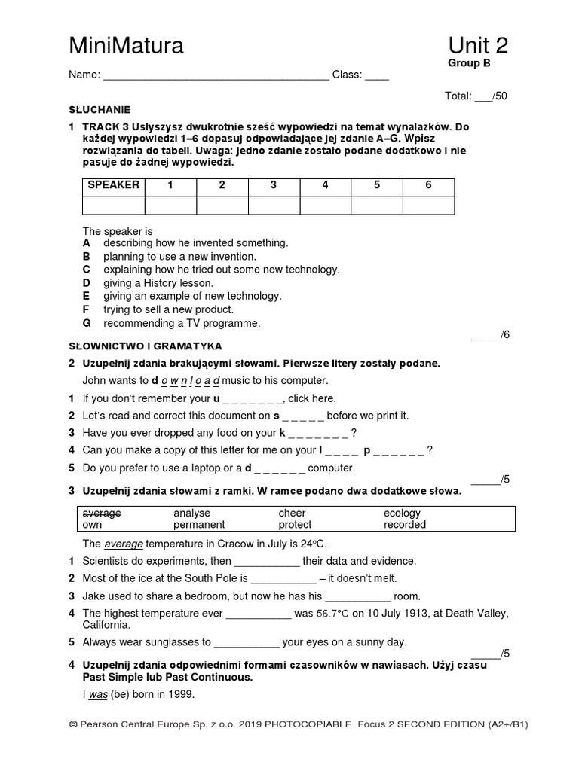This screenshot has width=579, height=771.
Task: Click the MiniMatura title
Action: click(x=126, y=47)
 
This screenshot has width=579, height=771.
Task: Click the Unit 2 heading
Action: click(x=477, y=46)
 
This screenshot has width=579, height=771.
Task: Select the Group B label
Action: click(x=469, y=63)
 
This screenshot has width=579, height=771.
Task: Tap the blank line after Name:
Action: click(x=215, y=75)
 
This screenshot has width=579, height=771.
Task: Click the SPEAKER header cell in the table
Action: click(x=113, y=185)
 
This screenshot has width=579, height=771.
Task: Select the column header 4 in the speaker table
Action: click(x=325, y=185)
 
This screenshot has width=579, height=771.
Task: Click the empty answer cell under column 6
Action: click(x=428, y=205)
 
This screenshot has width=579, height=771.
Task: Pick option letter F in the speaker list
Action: click(x=87, y=309)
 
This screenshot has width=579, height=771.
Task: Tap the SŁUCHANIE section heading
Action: click(x=100, y=109)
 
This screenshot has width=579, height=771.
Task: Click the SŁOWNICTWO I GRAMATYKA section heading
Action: click(x=145, y=346)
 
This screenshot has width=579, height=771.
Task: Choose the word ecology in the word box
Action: click(x=402, y=513)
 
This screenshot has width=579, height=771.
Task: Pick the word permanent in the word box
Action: click(x=199, y=524)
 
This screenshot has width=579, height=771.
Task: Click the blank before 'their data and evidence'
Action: click(x=267, y=562)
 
